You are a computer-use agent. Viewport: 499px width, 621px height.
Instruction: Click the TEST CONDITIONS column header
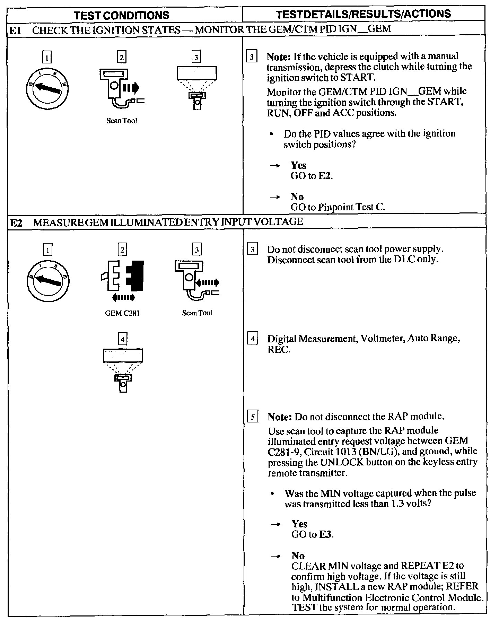pos(122,15)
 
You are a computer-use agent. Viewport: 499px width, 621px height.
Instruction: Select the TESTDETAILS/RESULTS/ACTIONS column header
pos(364,14)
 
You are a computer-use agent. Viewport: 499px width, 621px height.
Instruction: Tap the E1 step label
pos(15,30)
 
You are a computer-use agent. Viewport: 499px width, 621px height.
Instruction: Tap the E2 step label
pos(16,222)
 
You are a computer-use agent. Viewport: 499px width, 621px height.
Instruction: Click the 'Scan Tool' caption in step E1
pos(122,121)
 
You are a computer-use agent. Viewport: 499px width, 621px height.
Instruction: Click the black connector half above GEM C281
pos(135,276)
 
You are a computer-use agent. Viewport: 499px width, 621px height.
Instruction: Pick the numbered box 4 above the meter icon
pos(122,339)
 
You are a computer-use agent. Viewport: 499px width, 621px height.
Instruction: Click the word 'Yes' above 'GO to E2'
pos(298,165)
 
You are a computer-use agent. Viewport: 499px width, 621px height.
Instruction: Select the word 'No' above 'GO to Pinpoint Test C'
pos(297,197)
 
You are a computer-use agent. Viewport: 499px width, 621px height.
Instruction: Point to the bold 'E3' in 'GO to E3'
pos(325,534)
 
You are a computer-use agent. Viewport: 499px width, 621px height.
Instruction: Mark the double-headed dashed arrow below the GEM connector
pos(123,297)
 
